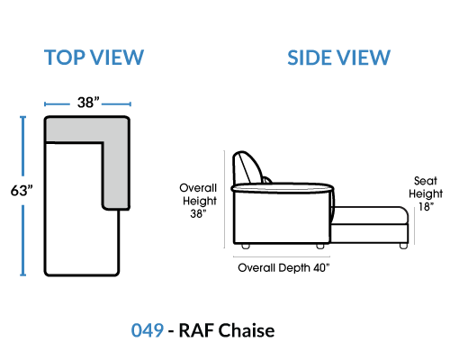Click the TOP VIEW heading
(94, 58)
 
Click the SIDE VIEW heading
(338, 58)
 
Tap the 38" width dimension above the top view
(88, 103)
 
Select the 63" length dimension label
(22, 190)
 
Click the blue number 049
(148, 330)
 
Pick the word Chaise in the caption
(246, 330)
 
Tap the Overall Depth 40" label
(283, 267)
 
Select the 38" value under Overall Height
(198, 213)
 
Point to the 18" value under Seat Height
(426, 207)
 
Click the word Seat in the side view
(426, 181)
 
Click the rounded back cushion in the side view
(247, 168)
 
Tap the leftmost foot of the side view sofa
(246, 246)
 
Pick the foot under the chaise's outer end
(403, 246)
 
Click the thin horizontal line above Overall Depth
(282, 256)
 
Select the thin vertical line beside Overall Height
(224, 199)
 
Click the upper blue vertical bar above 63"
(22, 146)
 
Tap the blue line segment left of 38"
(57, 104)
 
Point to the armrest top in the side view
(283, 188)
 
